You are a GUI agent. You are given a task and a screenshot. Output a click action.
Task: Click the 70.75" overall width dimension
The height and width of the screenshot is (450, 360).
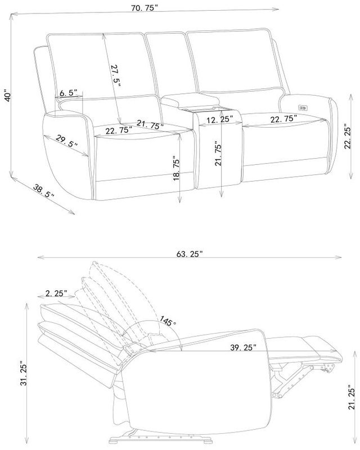[145, 8]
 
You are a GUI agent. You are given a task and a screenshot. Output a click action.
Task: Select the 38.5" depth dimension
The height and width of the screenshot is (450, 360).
[44, 191]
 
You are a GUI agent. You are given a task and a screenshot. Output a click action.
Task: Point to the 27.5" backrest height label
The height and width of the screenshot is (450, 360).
[116, 76]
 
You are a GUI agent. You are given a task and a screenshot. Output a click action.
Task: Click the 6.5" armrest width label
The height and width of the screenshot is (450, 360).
[68, 93]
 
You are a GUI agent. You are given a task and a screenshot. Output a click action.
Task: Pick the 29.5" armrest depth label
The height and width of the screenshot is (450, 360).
[66, 141]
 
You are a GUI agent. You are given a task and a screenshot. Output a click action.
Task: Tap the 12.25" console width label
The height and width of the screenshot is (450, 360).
[220, 119]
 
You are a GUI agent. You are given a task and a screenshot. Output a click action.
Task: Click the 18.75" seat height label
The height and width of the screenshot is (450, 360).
[176, 168]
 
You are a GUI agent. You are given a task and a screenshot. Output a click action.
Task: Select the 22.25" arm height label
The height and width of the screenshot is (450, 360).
[348, 136]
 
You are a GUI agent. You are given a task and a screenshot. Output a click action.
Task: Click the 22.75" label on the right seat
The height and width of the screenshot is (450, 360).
[283, 119]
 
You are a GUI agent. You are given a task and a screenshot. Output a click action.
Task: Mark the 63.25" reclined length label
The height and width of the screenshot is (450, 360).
[190, 254]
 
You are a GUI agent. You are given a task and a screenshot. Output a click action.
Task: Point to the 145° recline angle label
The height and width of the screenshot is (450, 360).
[168, 321]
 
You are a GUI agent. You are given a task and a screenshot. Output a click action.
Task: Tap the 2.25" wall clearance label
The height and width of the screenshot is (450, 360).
[56, 293]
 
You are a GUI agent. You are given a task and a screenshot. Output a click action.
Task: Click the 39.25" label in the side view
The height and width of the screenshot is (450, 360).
[243, 347]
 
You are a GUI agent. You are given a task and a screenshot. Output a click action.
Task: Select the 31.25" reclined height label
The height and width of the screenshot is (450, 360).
[24, 374]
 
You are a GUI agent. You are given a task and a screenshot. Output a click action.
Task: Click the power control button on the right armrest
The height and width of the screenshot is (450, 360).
[303, 108]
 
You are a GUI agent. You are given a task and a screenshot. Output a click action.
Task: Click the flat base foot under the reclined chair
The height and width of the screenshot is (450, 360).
[161, 439]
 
